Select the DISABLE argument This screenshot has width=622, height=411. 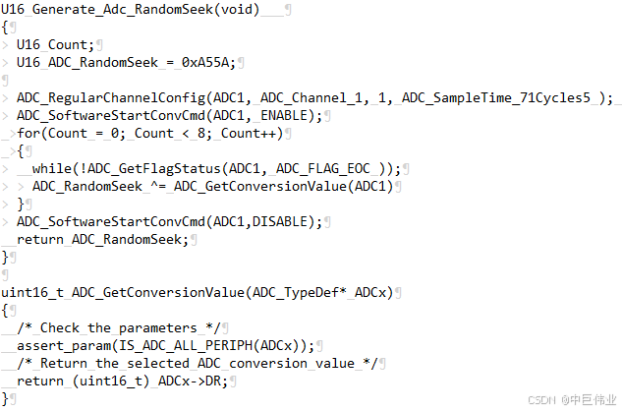point(285,221)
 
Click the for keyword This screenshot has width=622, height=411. point(28,133)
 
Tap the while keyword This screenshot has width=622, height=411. point(51,168)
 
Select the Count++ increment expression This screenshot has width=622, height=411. point(251,133)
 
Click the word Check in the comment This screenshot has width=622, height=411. point(59,327)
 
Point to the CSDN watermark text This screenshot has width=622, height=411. point(542,400)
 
